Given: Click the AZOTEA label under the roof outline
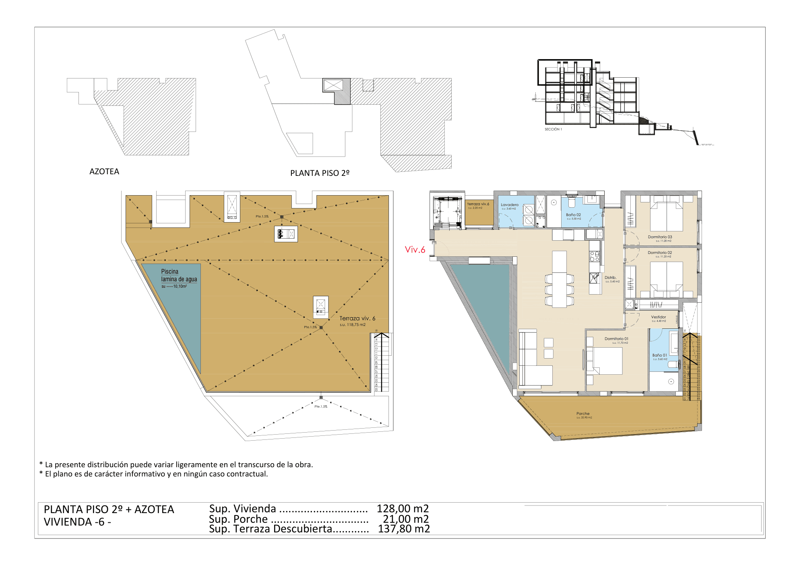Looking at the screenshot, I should (104, 171).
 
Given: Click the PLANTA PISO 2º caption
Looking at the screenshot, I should (320, 173).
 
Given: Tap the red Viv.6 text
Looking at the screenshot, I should (415, 250).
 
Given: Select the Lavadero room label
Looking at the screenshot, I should (510, 205).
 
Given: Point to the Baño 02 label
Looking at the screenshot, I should (573, 215).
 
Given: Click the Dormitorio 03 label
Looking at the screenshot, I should (660, 237).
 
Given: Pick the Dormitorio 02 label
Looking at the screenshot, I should (660, 253).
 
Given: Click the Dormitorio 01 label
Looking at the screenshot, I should (616, 339).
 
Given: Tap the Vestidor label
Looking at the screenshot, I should (659, 317).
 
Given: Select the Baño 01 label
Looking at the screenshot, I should (660, 355).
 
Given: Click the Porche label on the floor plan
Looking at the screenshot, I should (583, 414).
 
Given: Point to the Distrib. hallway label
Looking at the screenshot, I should (610, 278).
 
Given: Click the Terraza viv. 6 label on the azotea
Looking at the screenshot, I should (357, 318).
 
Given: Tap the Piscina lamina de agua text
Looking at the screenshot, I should (179, 276).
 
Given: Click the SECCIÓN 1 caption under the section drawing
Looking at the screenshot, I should (553, 129).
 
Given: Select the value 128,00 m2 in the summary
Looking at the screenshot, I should (403, 509).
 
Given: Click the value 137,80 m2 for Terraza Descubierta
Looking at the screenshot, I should (404, 529).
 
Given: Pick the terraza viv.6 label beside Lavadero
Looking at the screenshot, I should (478, 204).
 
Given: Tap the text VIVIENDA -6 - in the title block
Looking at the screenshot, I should (77, 522).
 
